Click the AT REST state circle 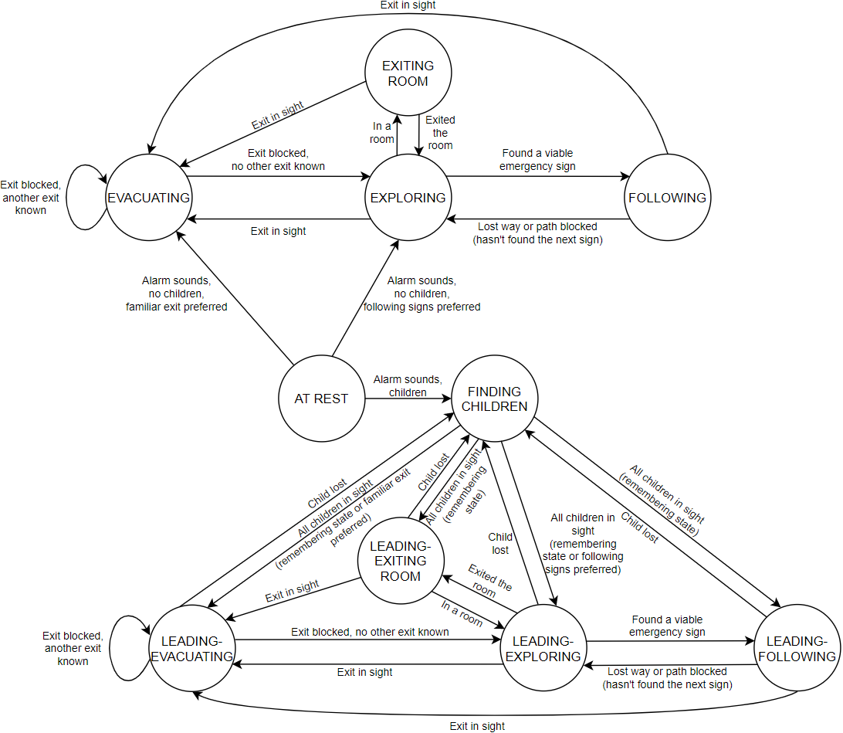pos(321,399)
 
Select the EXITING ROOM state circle pos(408,74)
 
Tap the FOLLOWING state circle pos(666,198)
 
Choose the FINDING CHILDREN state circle pos(494,399)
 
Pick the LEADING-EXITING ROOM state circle pos(401,561)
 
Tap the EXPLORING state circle pos(408,198)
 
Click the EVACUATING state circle pos(148,198)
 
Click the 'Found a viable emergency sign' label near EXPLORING pos(537,160)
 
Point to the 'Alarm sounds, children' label pos(408,386)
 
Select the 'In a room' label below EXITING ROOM pos(383,133)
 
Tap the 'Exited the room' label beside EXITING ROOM pos(440,132)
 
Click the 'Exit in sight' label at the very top pos(408,5)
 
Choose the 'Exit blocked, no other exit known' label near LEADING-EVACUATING pos(370,632)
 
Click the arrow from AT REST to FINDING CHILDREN pos(408,399)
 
